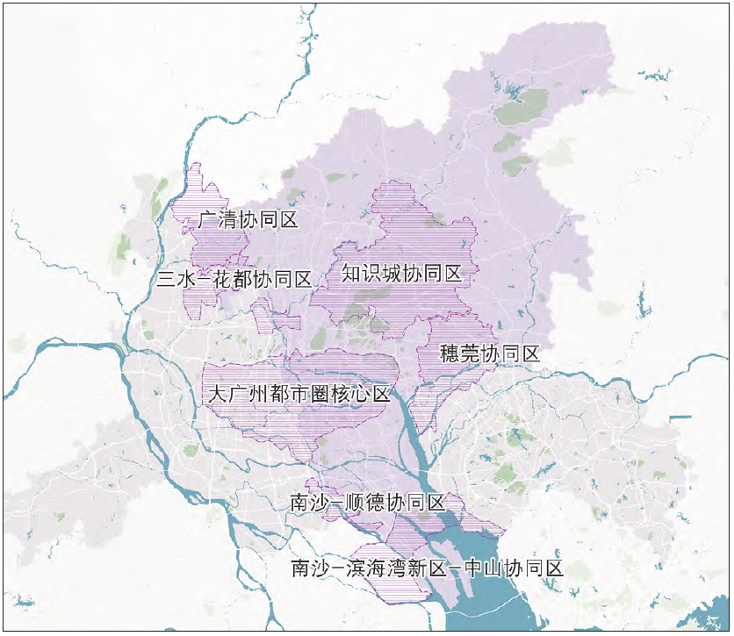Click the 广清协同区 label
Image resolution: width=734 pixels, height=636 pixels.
pos(248,219)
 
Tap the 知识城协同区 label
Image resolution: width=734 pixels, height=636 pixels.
pos(401,274)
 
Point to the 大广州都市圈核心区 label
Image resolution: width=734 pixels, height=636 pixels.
pos(299,394)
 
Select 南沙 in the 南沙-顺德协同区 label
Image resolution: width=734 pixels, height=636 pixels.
pos(311,503)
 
